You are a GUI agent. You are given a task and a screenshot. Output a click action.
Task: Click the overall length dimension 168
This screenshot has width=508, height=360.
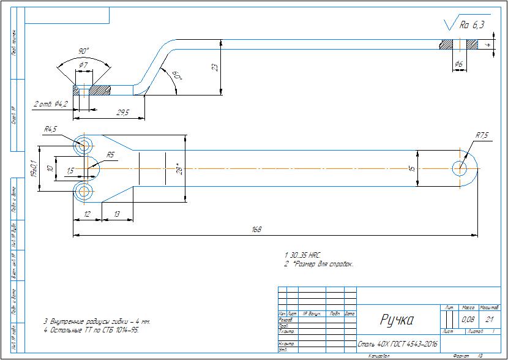tap(256, 230)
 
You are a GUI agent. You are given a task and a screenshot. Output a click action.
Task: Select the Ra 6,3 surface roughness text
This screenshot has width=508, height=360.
tap(472, 25)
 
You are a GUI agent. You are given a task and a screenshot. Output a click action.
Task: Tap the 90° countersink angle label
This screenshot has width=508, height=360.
tap(84, 51)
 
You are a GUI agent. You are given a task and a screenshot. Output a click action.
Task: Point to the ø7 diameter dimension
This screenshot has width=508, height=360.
tap(84, 64)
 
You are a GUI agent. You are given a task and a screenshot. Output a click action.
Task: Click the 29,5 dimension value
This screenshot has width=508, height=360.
tap(122, 113)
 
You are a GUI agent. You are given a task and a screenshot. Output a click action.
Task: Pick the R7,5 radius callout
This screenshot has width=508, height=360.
tap(482, 135)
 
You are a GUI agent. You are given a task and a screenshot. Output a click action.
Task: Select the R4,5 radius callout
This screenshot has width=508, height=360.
tap(50, 129)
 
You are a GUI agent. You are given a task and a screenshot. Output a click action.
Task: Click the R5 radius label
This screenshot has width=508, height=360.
tap(111, 155)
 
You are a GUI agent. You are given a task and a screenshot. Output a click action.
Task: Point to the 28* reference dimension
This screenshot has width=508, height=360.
tap(177, 168)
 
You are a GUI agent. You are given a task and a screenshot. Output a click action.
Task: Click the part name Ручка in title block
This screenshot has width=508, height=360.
tap(397, 320)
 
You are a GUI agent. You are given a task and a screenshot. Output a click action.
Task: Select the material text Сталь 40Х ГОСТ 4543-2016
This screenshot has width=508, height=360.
tap(397, 344)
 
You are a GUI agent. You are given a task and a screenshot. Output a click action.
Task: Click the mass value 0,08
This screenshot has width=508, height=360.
tap(468, 320)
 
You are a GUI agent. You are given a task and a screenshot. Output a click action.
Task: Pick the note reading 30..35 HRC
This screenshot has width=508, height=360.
tap(302, 254)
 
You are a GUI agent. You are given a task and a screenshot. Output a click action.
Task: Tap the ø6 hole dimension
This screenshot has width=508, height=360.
tap(458, 64)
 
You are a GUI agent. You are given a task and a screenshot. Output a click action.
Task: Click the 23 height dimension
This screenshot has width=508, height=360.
tap(215, 67)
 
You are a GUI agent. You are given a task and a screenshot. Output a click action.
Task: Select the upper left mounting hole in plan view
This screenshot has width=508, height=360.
tap(84, 146)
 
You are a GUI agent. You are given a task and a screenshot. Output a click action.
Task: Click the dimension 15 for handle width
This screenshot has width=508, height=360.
tap(412, 168)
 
